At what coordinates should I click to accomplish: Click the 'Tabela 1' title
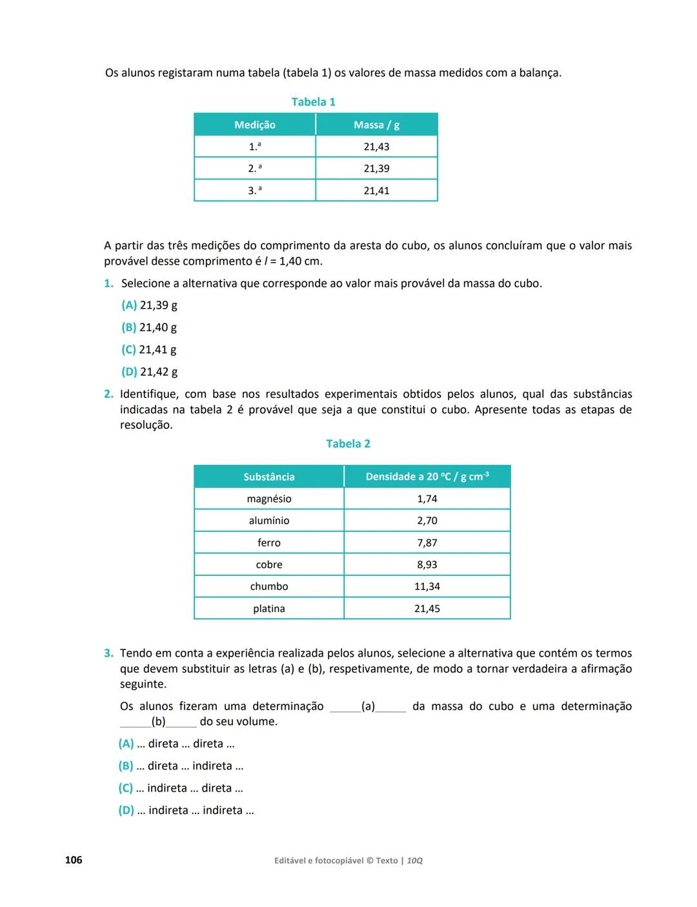pyautogui.click(x=313, y=102)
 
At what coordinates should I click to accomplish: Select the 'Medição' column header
pyautogui.click(x=255, y=125)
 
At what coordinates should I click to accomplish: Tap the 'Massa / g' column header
pyautogui.click(x=376, y=125)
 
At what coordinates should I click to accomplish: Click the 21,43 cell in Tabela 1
pyautogui.click(x=376, y=147)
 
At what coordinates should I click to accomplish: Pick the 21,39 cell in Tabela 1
pyautogui.click(x=376, y=168)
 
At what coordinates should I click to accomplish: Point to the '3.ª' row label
pyautogui.click(x=255, y=190)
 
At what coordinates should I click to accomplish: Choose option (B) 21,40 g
pyautogui.click(x=149, y=327)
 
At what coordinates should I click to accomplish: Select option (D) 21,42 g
pyautogui.click(x=149, y=372)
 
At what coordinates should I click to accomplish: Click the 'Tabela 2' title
pyautogui.click(x=348, y=443)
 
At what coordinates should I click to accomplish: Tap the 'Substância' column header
pyautogui.click(x=269, y=476)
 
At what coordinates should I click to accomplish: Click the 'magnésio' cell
pyautogui.click(x=269, y=498)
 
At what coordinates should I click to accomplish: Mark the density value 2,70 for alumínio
pyautogui.click(x=427, y=520)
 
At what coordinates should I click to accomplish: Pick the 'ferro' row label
pyautogui.click(x=269, y=542)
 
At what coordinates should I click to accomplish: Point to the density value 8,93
pyautogui.click(x=427, y=564)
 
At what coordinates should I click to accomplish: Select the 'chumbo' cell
pyautogui.click(x=269, y=586)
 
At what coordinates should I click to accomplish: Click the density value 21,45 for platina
pyautogui.click(x=427, y=608)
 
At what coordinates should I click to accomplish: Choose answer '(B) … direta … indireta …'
pyautogui.click(x=181, y=766)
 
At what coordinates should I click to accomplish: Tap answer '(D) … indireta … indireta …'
pyautogui.click(x=187, y=810)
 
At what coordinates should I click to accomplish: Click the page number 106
pyautogui.click(x=74, y=860)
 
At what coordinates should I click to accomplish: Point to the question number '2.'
pyautogui.click(x=108, y=394)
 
